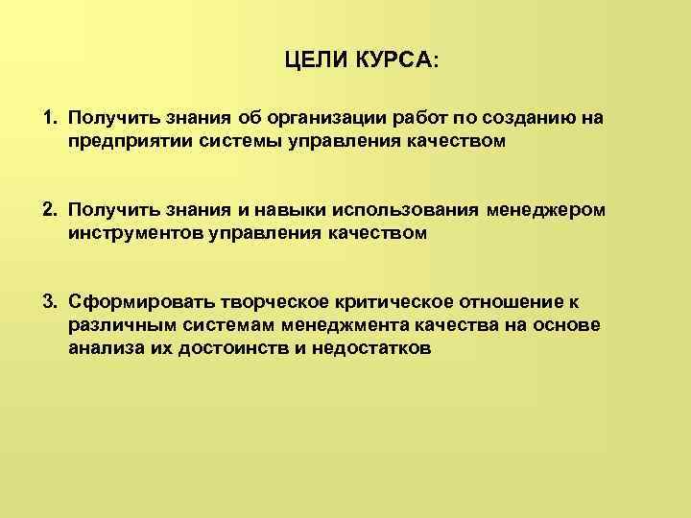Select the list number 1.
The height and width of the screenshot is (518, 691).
[x=48, y=118]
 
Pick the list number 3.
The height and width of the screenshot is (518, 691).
[x=48, y=302]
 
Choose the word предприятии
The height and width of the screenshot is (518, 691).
[x=120, y=141]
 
